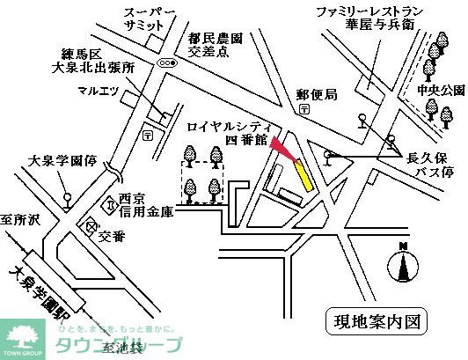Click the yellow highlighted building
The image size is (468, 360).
[304, 174]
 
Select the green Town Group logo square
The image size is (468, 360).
[21, 338]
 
